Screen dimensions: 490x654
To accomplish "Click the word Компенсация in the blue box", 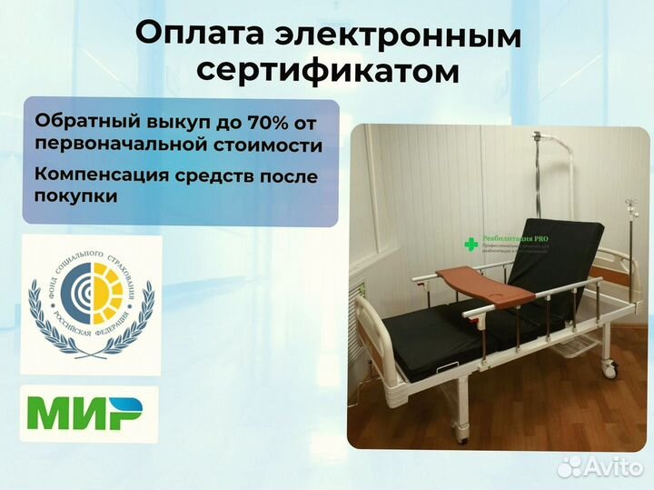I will coord(100,175).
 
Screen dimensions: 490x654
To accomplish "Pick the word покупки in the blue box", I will coord(76,195).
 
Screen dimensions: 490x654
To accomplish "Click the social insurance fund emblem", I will coord(91,301).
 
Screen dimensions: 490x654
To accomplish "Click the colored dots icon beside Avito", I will coord(570,467).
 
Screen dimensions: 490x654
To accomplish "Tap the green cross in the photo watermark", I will coord(471,244).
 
